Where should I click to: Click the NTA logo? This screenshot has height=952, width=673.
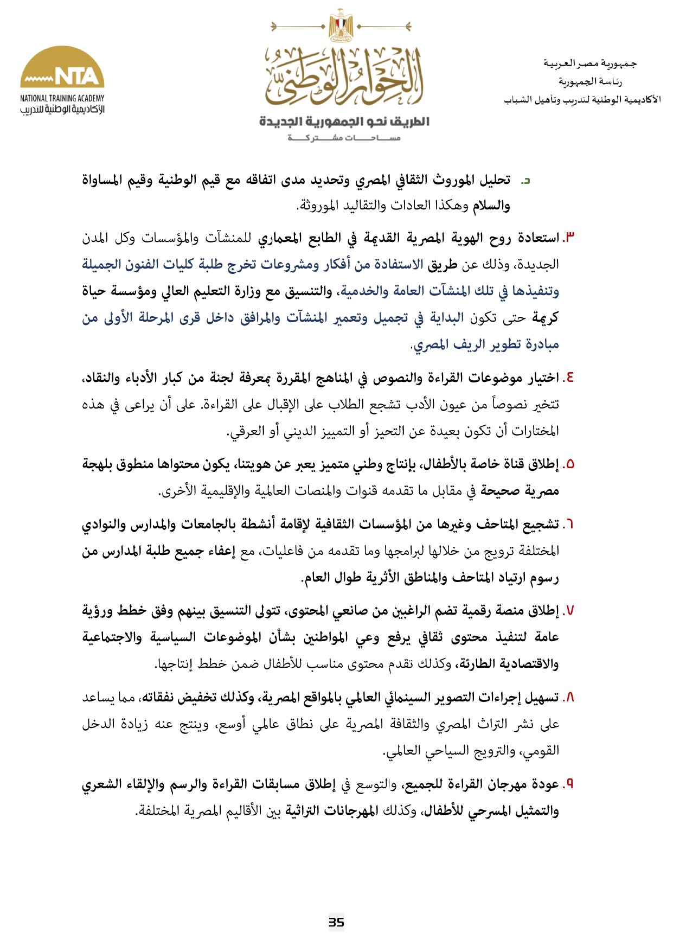pos(62,68)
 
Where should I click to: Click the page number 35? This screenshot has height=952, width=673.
pos(336,922)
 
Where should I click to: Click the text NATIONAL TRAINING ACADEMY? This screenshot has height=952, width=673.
pos(62,98)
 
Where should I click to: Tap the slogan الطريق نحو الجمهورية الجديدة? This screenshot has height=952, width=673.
pos(344,122)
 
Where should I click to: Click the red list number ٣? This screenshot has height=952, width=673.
pos(569,238)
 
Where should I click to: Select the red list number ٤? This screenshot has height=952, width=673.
pos(569,378)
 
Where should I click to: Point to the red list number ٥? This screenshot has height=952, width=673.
pos(569,464)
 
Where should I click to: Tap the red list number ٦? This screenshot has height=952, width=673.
pos(569,525)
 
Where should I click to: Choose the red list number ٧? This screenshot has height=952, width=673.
pos(569,611)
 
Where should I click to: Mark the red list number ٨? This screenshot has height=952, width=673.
pos(569,698)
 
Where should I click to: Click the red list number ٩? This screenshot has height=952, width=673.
pos(569,784)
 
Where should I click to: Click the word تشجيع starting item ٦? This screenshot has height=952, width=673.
pos(543,525)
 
